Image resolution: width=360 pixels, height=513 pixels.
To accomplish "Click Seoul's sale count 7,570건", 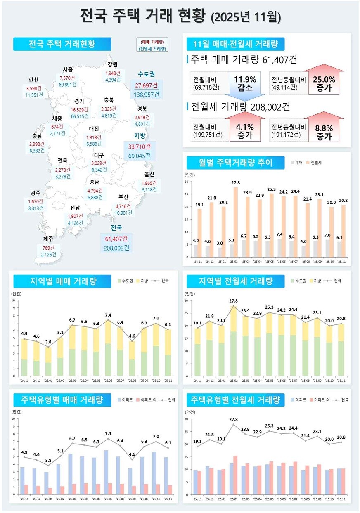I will (x=67, y=78).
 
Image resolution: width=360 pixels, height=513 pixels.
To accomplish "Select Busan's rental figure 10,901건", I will (x=124, y=213).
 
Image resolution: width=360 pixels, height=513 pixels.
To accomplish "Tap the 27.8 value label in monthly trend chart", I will (x=236, y=182).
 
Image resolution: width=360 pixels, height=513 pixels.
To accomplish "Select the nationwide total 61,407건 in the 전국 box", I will (x=116, y=239).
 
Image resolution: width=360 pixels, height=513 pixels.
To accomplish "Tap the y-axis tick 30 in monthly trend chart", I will (x=187, y=182).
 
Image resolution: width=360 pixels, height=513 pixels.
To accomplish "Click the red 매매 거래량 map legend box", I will (x=152, y=42).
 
